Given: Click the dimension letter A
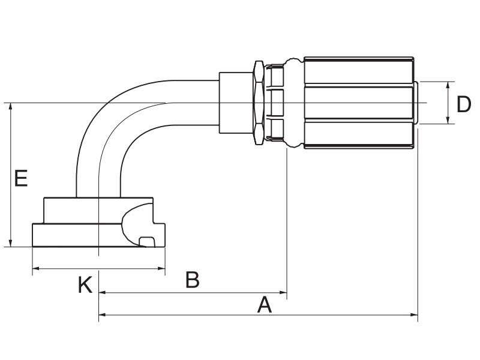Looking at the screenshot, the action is (x=265, y=305).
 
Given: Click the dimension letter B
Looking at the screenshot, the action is (x=193, y=280).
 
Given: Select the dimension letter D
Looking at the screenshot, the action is (x=463, y=104).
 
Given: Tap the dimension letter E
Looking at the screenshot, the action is (x=21, y=178).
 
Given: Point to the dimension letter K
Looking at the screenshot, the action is (x=85, y=285).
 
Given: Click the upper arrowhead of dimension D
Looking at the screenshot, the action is (x=448, y=85).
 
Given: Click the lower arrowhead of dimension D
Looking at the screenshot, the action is (x=448, y=121).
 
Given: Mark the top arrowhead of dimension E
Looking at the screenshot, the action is (x=11, y=106).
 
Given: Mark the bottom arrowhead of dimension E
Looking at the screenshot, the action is (x=11, y=244).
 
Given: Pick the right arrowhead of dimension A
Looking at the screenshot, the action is (x=415, y=314).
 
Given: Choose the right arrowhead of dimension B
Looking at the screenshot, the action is (x=283, y=293).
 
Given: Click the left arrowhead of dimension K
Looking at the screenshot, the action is (x=36, y=269).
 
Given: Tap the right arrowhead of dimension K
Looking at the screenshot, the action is (x=161, y=269).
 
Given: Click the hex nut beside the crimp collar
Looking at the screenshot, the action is (x=259, y=103).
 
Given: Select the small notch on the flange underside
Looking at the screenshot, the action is (x=147, y=242).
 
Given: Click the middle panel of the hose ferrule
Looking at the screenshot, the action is (x=359, y=103).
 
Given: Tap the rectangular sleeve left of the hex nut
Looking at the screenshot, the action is (x=236, y=103).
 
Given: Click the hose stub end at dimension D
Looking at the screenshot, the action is (x=416, y=103).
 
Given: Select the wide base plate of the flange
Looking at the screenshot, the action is (x=98, y=235).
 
